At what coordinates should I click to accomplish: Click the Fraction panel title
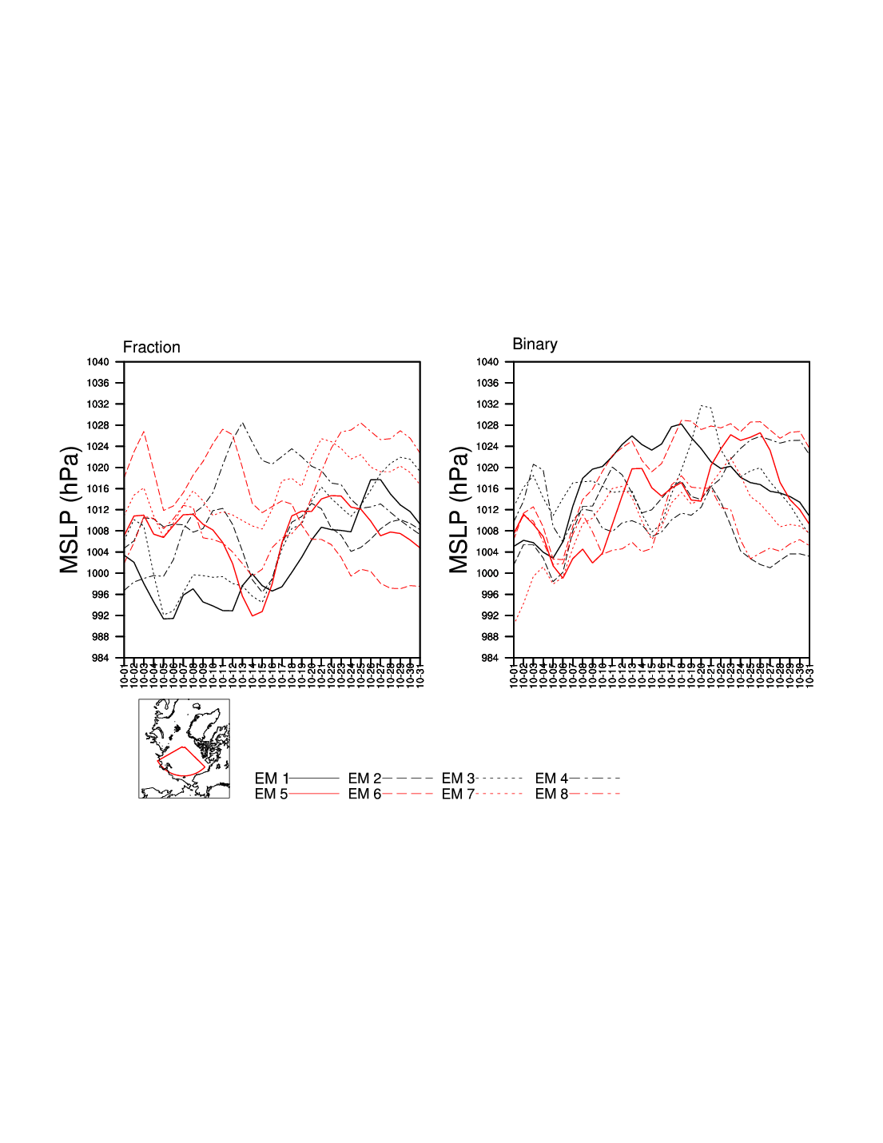[x=151, y=348]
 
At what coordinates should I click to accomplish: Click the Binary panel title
[x=535, y=344]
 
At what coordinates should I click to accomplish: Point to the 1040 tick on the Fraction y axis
[x=98, y=362]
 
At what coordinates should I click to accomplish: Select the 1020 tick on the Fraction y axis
[x=98, y=468]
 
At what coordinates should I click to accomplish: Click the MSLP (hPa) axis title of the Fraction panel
[x=70, y=510]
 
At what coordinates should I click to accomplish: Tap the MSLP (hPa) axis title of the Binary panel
[x=459, y=510]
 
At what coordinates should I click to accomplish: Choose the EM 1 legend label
[x=271, y=779]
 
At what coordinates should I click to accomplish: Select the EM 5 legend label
[x=271, y=794]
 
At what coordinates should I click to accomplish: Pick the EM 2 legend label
[x=364, y=779]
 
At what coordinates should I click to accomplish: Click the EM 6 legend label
[x=364, y=794]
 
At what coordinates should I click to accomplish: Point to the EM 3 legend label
[x=458, y=779]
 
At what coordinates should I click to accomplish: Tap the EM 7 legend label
[x=458, y=794]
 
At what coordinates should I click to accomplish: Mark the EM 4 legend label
[x=551, y=779]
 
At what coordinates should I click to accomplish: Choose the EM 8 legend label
[x=551, y=794]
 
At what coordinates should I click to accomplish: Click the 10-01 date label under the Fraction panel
[x=125, y=674]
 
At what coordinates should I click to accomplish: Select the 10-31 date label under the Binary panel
[x=809, y=674]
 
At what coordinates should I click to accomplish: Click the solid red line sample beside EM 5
[x=313, y=794]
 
